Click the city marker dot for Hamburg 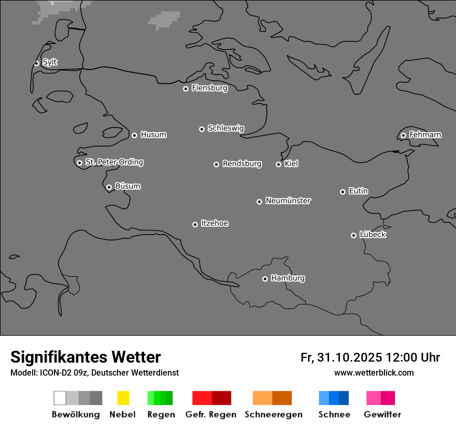pyautogui.click(x=265, y=279)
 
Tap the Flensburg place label pyautogui.click(x=209, y=88)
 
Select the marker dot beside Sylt pyautogui.click(x=36, y=63)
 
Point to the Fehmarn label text pyautogui.click(x=425, y=135)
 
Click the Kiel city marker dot pyautogui.click(x=278, y=164)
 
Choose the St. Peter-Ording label pyautogui.click(x=114, y=162)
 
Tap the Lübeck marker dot pyautogui.click(x=353, y=235)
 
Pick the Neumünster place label pyautogui.click(x=288, y=200)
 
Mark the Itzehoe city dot pyautogui.click(x=195, y=224)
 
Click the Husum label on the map pyautogui.click(x=153, y=135)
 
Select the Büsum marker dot pyautogui.click(x=109, y=187)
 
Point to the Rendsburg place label pyautogui.click(x=242, y=164)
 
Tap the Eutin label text pyautogui.click(x=358, y=191)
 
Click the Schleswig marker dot pyautogui.click(x=202, y=129)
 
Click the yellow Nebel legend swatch pyautogui.click(x=123, y=398)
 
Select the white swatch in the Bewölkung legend pyautogui.click(x=60, y=398)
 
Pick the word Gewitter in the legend pyautogui.click(x=382, y=414)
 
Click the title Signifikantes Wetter pyautogui.click(x=85, y=357)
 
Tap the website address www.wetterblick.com pyautogui.click(x=374, y=372)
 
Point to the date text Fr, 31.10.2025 pyautogui.click(x=341, y=357)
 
